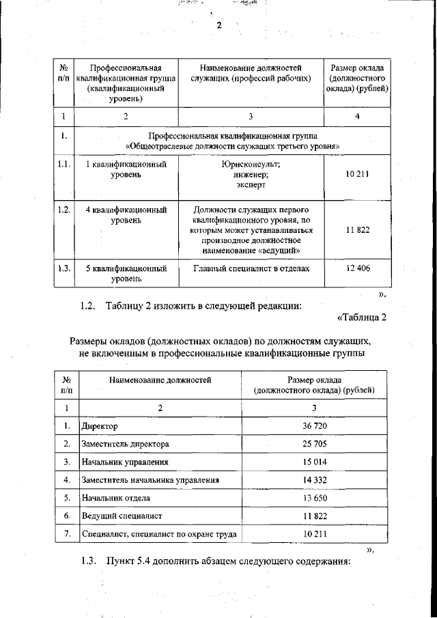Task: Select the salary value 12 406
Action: [x=357, y=268]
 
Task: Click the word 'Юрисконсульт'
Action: [x=251, y=165]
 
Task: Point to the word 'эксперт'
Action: [x=251, y=184]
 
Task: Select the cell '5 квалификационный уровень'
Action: [x=126, y=273]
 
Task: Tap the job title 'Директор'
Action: [x=100, y=426]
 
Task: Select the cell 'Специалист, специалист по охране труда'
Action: [x=158, y=533]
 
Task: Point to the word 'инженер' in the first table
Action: [x=251, y=175]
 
